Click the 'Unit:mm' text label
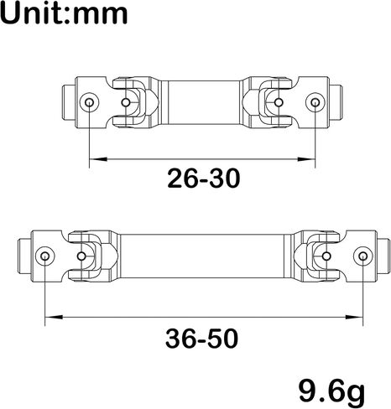(x=64, y=13)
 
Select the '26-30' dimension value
(x=204, y=179)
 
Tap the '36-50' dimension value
(x=202, y=339)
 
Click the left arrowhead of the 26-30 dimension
(x=98, y=159)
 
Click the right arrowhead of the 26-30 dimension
(x=306, y=159)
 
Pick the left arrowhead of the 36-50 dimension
(x=54, y=317)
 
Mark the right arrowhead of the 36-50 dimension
(x=354, y=317)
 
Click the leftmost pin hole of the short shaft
(x=89, y=102)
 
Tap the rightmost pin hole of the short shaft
(x=315, y=102)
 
